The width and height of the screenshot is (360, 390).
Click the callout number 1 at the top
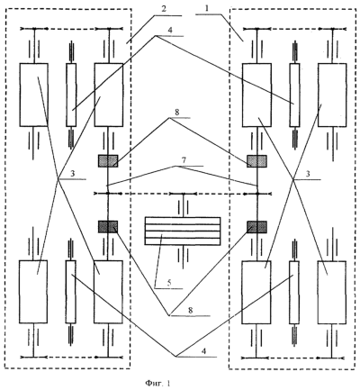(x=206, y=8)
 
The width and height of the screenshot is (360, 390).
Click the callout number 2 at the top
(x=164, y=9)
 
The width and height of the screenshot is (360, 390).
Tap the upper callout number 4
(x=170, y=31)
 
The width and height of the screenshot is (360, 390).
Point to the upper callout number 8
(x=176, y=112)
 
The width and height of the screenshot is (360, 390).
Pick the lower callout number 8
(x=190, y=310)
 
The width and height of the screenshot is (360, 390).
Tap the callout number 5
(x=169, y=283)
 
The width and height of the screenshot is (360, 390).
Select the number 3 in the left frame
(x=72, y=174)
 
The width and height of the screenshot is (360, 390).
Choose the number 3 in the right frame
(x=307, y=174)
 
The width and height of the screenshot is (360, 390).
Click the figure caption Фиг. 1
(x=157, y=383)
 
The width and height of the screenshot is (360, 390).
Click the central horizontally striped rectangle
(x=183, y=231)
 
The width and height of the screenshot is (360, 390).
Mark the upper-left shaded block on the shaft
(x=108, y=161)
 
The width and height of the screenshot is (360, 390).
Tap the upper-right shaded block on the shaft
(x=256, y=161)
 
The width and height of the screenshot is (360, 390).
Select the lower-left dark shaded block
(x=108, y=227)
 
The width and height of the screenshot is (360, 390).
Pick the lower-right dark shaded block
(x=256, y=227)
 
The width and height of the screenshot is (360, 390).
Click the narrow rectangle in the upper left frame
(x=71, y=95)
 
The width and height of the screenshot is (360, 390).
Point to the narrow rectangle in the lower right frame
(x=294, y=292)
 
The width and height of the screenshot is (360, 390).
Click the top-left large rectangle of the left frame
(x=34, y=95)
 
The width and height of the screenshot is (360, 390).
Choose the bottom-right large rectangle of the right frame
(x=331, y=292)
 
